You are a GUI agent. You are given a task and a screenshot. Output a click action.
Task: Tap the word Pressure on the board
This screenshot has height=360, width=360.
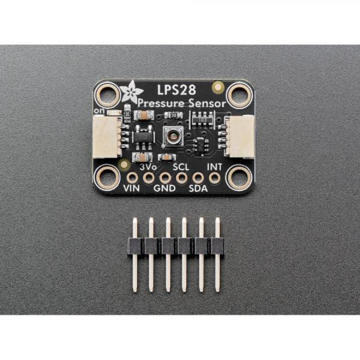click(159, 104)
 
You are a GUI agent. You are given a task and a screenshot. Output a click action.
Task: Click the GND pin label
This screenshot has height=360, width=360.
click(164, 188)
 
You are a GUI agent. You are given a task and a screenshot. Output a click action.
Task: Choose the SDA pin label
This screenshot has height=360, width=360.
click(198, 188)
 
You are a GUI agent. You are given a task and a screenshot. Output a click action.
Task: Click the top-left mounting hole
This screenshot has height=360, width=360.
click(109, 94)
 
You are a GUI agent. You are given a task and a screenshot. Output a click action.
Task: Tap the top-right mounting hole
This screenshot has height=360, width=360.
click(239, 94)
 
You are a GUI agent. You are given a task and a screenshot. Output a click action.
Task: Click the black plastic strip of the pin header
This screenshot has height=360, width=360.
click(176, 245)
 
